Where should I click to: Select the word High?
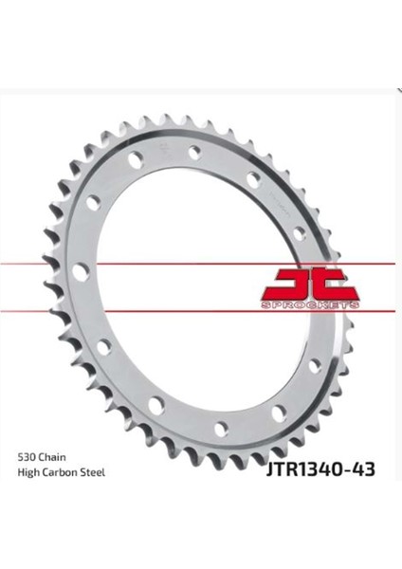[28, 472]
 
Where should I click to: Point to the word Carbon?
[64, 472]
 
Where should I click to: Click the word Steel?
[95, 472]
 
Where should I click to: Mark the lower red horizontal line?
[142, 309]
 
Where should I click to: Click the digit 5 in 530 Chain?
[20, 456]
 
